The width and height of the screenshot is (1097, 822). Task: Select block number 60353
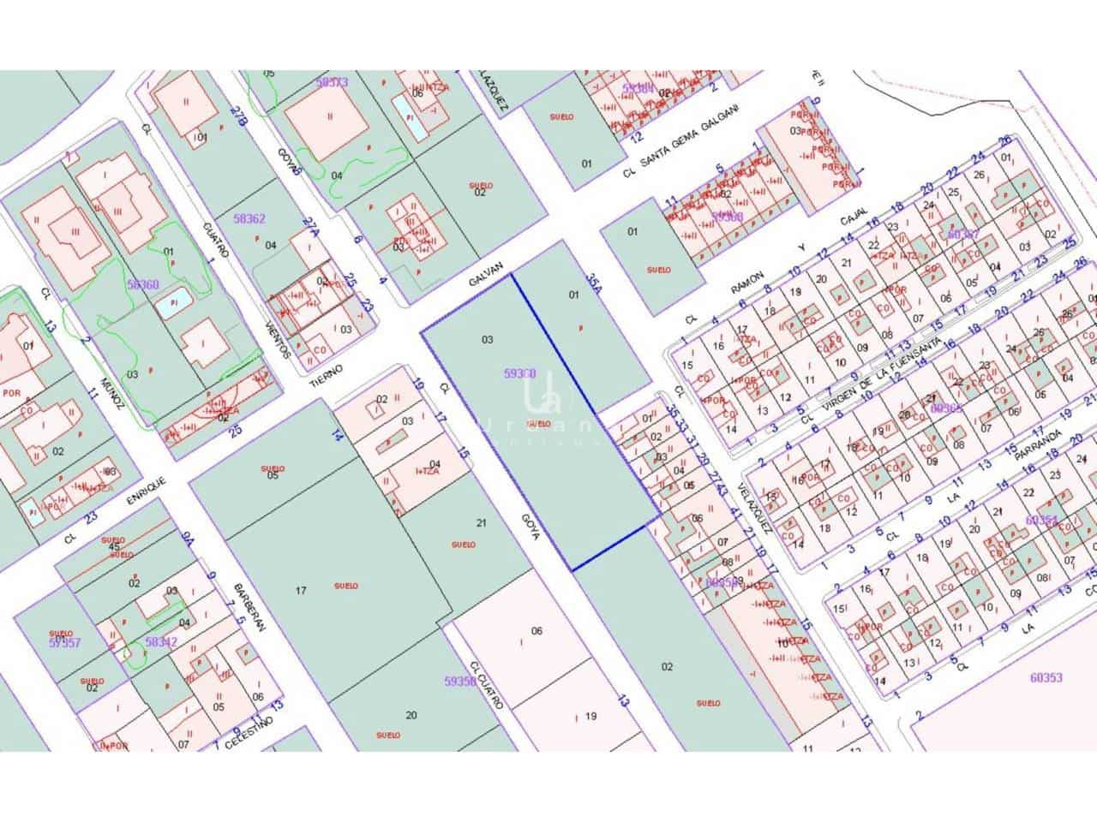click(1046, 677)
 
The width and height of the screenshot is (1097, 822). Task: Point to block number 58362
click(249, 219)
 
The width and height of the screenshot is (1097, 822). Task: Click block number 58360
click(143, 283)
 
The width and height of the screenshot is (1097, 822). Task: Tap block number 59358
click(460, 682)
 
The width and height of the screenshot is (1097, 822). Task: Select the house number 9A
click(189, 539)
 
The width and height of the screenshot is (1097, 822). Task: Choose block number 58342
click(161, 641)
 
